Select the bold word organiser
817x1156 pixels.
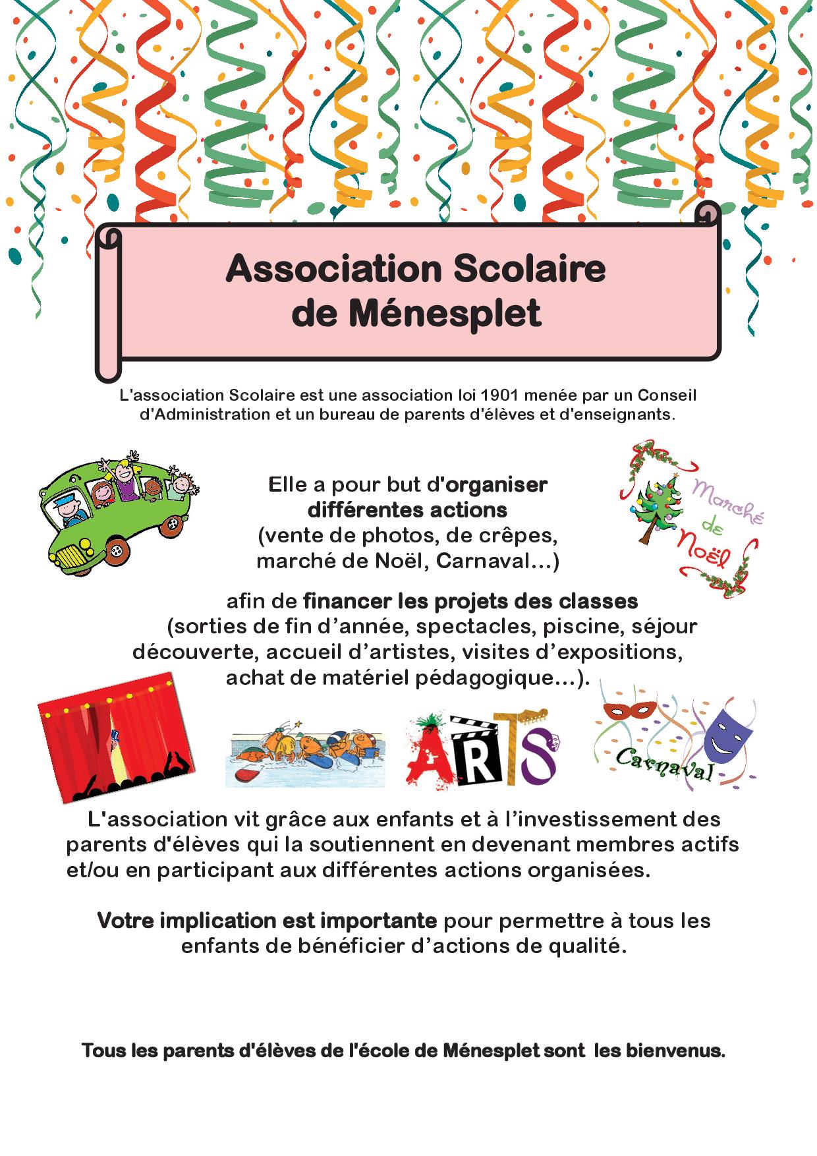pyautogui.click(x=497, y=484)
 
